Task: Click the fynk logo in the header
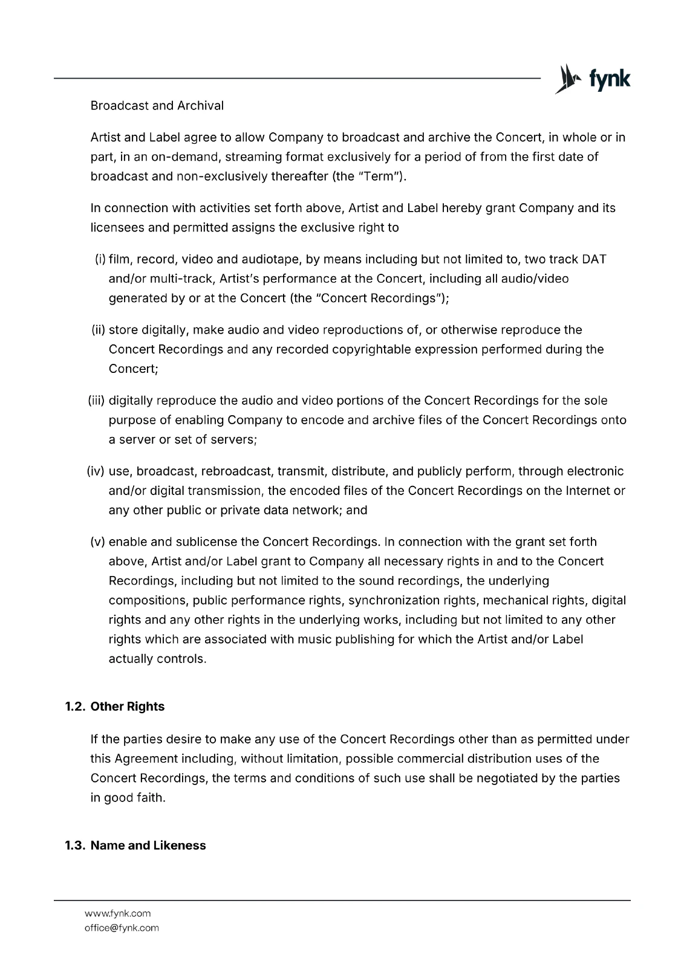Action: pos(593,80)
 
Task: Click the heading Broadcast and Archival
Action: pos(157,106)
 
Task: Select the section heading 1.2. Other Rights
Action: pos(114,707)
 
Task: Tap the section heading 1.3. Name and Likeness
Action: pos(135,846)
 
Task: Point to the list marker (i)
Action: pos(100,259)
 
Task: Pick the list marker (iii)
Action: pos(97,401)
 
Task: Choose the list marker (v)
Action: pos(98,542)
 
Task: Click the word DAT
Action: pos(593,259)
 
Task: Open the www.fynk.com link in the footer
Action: pos(117,913)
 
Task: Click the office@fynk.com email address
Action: pos(122,928)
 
